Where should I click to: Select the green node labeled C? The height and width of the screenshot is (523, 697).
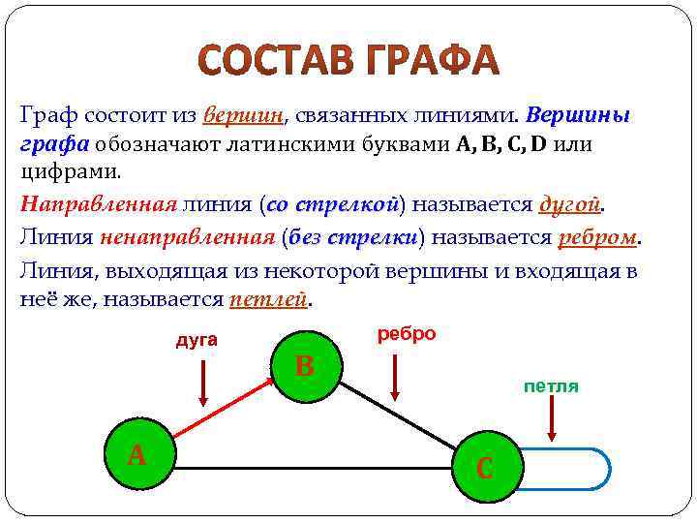pyautogui.click(x=487, y=468)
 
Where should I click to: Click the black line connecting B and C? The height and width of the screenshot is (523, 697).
pyautogui.click(x=402, y=418)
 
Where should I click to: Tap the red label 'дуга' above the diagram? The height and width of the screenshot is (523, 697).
pyautogui.click(x=196, y=340)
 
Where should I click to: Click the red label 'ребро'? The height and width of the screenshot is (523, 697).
pyautogui.click(x=406, y=333)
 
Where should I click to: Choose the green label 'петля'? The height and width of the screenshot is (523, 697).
pyautogui.click(x=551, y=386)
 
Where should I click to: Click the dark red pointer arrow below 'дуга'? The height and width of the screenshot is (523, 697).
pyautogui.click(x=203, y=382)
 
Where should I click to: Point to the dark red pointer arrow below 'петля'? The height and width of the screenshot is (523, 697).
pyautogui.click(x=551, y=421)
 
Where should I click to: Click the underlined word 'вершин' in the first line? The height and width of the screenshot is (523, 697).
pyautogui.click(x=243, y=116)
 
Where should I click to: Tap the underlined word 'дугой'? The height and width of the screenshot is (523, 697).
pyautogui.click(x=569, y=205)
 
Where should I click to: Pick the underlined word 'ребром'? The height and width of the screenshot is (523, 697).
pyautogui.click(x=597, y=237)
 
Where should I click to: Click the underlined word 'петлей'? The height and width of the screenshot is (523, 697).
pyautogui.click(x=267, y=300)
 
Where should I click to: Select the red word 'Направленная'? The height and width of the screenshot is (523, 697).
pyautogui.click(x=98, y=205)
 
